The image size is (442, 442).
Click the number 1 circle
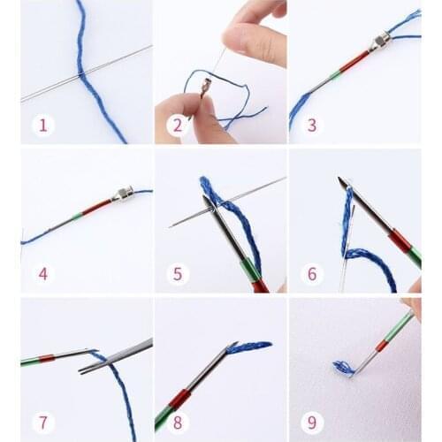click(x=42, y=125)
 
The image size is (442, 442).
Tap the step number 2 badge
click(x=177, y=125)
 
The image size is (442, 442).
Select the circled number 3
click(x=311, y=125)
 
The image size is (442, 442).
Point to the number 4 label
click(x=42, y=274)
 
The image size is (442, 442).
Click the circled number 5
click(x=177, y=274)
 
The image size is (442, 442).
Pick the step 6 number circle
click(x=311, y=274)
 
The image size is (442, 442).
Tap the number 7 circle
click(x=42, y=422)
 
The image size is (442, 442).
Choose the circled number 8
click(x=177, y=422)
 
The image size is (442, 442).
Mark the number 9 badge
click(x=311, y=422)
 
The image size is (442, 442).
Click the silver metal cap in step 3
click(x=379, y=42)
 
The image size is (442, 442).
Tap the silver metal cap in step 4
click(x=121, y=194)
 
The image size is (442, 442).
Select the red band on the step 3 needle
click(x=353, y=61)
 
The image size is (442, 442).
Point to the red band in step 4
click(x=96, y=206)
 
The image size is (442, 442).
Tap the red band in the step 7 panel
click(x=46, y=359)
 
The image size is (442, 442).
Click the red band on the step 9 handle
click(x=382, y=344)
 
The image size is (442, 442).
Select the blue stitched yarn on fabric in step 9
click(x=341, y=366)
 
